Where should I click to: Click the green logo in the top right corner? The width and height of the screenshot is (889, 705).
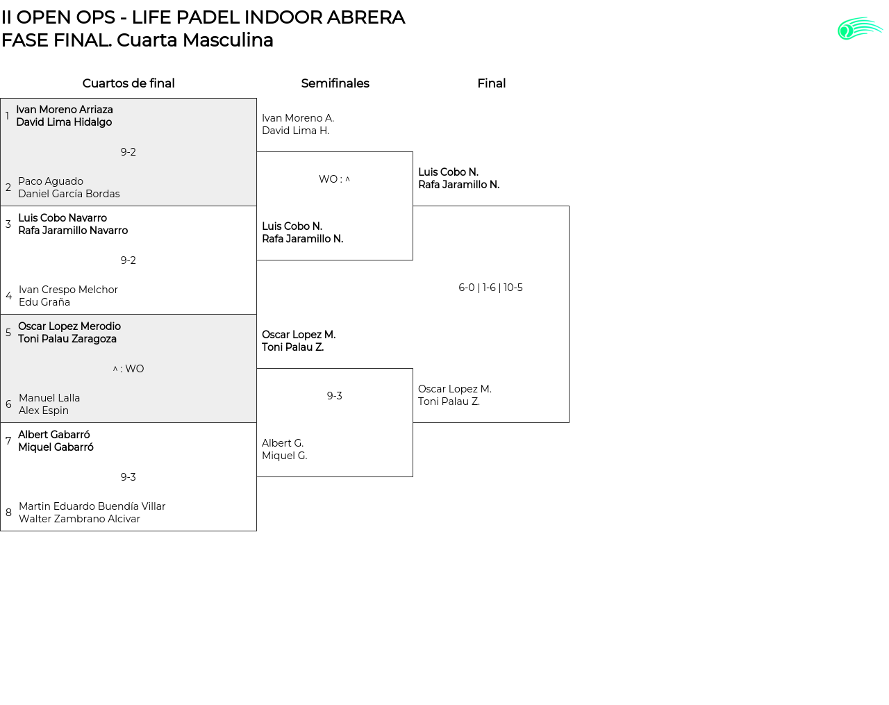click(x=859, y=28)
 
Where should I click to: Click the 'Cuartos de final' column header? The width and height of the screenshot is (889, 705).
click(x=128, y=83)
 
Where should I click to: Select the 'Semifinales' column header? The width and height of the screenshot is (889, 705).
click(x=335, y=83)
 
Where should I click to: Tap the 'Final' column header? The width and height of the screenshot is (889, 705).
click(x=491, y=83)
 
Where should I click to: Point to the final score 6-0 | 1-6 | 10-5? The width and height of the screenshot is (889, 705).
click(x=490, y=288)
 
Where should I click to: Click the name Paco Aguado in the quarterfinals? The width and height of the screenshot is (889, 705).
click(x=51, y=181)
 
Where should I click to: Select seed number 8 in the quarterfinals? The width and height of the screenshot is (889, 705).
click(x=8, y=513)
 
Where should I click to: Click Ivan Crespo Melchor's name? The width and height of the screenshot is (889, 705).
click(x=68, y=290)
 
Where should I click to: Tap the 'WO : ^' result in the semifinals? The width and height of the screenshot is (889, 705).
click(x=334, y=179)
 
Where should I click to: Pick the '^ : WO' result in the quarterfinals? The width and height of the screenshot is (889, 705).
click(x=128, y=369)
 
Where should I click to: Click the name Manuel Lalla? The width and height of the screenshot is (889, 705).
click(x=49, y=398)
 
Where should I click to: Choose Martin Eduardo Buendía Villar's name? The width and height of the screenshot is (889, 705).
click(x=92, y=506)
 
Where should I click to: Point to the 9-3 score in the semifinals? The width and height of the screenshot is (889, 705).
click(x=334, y=396)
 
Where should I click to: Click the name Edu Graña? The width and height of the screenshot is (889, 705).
click(x=44, y=302)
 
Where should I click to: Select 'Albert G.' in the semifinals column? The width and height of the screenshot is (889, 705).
click(x=283, y=443)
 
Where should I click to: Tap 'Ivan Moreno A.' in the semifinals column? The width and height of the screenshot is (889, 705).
click(x=298, y=118)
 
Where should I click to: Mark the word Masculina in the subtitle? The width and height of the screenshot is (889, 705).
click(x=228, y=40)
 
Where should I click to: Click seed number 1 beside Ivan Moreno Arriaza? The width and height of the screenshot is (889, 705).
click(x=7, y=116)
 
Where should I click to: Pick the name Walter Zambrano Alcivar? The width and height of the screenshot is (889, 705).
click(x=79, y=519)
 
